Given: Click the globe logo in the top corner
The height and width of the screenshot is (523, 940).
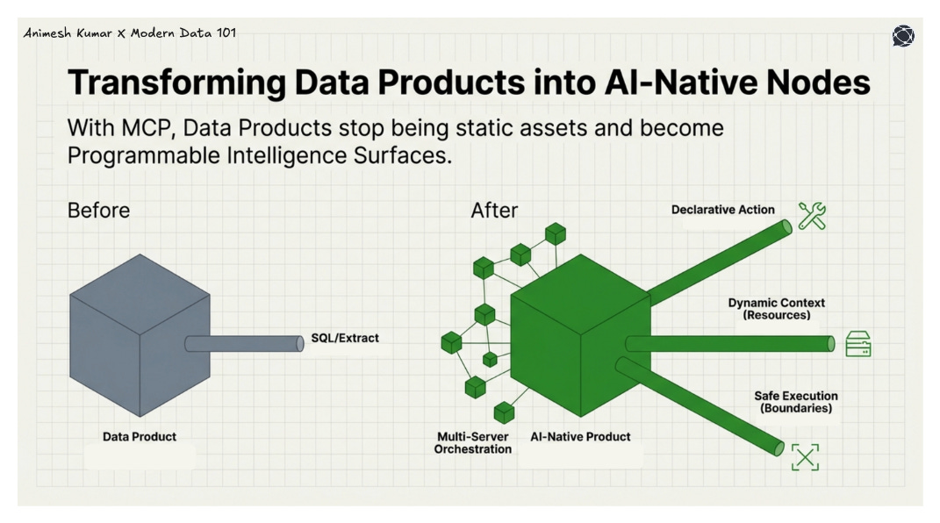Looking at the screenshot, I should tap(903, 36).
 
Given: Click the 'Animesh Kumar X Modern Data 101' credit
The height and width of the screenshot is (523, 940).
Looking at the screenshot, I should tap(130, 33).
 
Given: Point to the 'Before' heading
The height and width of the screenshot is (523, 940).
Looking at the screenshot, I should tap(98, 211).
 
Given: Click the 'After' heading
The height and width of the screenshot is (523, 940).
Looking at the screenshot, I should tap(494, 211).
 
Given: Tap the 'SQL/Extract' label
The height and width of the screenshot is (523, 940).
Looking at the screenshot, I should tap(345, 338).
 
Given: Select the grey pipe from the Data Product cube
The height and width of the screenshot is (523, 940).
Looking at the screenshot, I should tap(246, 343).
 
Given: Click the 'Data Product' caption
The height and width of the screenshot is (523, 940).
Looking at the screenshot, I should tap(140, 436).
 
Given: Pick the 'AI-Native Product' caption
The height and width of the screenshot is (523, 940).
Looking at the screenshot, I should tap(580, 436).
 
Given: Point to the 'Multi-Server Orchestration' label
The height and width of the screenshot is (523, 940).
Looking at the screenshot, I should tap(473, 442).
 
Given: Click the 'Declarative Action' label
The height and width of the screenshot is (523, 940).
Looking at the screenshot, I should tap(722, 210).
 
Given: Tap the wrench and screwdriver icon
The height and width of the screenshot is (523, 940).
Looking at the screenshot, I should tap(812, 215).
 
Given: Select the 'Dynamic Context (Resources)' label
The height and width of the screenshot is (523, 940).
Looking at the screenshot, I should tap(776, 308).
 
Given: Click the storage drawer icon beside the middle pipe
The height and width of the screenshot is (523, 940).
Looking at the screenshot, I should tap(857, 344).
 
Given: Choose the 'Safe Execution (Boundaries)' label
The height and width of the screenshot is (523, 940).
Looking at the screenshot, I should tap(795, 402).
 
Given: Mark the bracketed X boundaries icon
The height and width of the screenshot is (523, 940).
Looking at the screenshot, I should tap(805, 456).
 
